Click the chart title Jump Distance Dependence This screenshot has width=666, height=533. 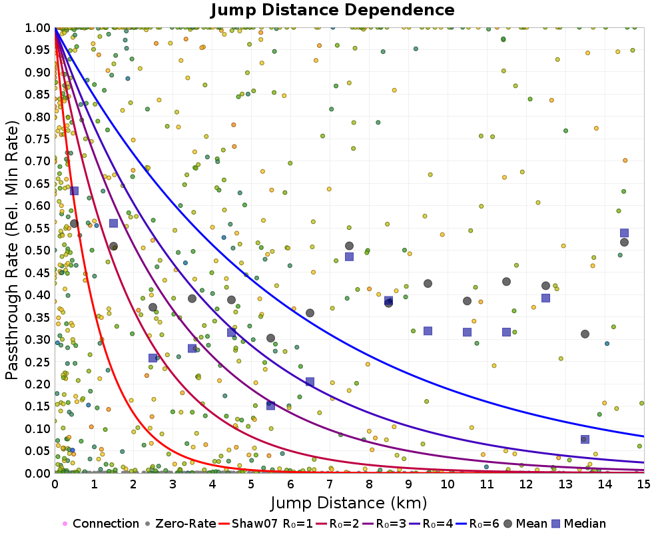(x=332, y=11)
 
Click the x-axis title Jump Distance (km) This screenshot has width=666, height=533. (x=348, y=502)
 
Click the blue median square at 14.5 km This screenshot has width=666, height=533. (x=624, y=233)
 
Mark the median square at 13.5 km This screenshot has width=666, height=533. (x=585, y=439)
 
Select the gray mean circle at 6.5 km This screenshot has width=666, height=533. (x=310, y=313)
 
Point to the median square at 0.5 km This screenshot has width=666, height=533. (x=74, y=191)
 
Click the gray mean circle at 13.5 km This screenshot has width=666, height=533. (x=585, y=334)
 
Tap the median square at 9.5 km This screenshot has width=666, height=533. (x=428, y=331)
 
